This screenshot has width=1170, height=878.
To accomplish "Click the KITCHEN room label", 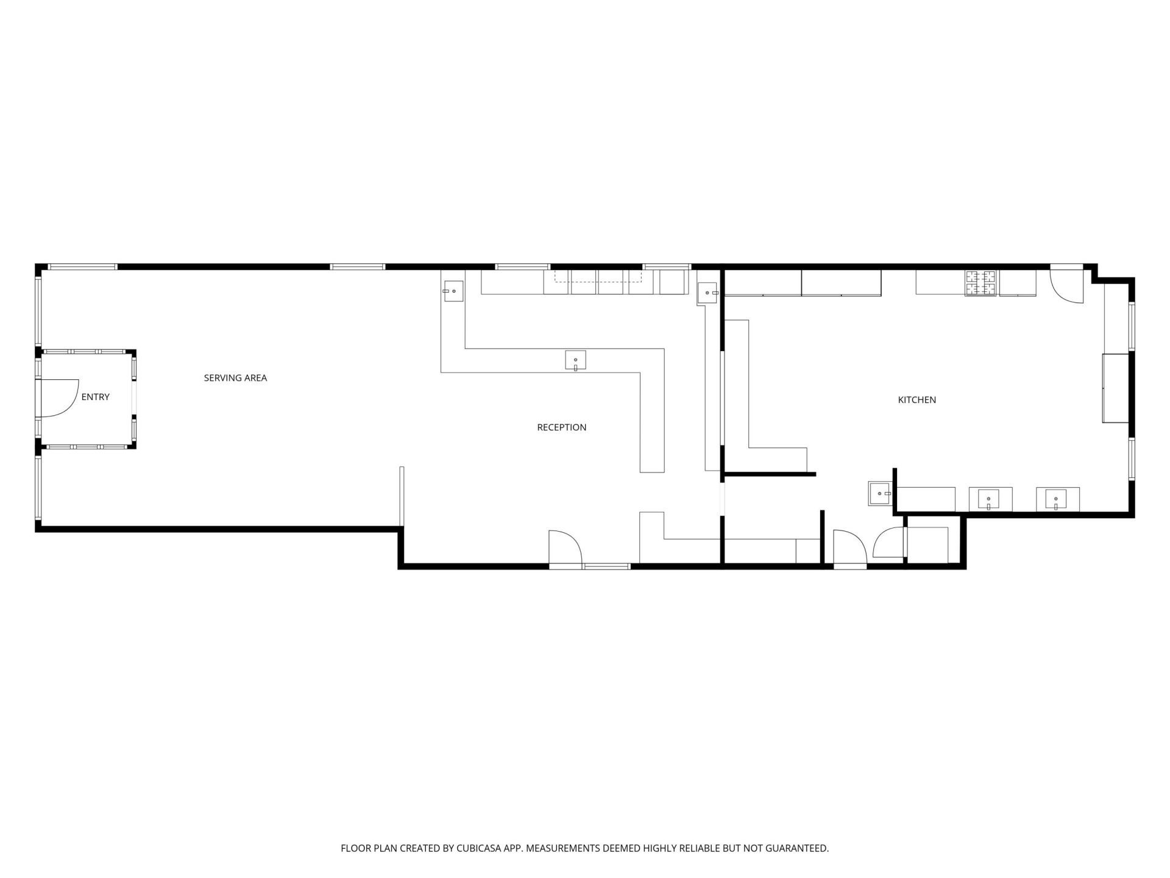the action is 916,400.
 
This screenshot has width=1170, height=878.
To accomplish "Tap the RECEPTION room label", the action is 561,427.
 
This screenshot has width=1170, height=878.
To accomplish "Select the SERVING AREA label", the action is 235,378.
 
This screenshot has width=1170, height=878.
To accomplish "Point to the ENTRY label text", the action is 96,397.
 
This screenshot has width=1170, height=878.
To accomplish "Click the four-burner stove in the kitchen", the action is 980,283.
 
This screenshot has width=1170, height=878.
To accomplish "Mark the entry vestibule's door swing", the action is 60,398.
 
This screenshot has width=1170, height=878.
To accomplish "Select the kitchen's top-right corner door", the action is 1066,284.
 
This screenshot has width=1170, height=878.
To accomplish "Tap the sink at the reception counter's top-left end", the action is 453,291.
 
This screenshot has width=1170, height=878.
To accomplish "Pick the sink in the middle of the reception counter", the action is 575,360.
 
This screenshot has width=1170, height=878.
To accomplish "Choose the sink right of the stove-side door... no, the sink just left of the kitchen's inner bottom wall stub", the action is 880,493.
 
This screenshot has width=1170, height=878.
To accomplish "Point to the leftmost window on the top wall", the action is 83,266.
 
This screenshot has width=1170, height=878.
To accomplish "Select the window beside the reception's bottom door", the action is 606,566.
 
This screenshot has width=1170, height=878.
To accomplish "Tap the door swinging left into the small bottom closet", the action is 889,542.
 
